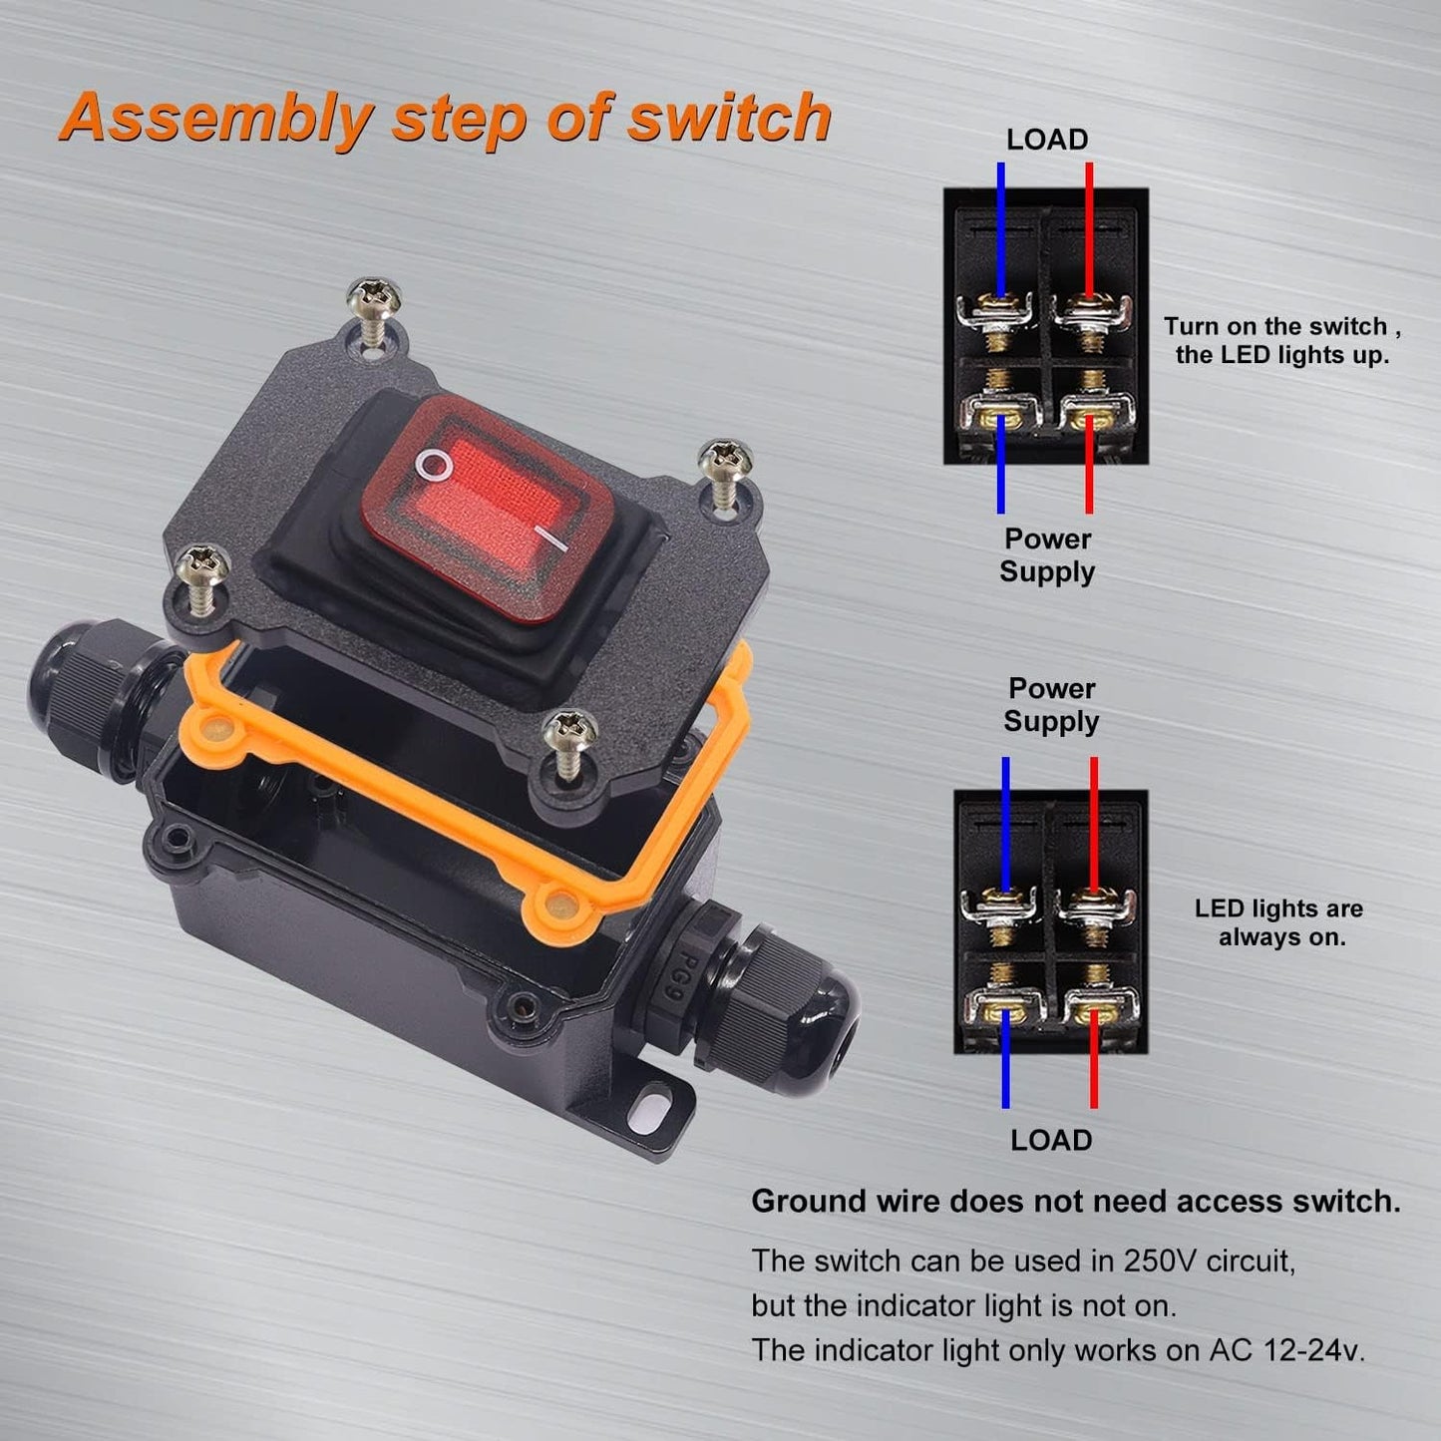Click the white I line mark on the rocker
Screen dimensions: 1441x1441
(551, 539)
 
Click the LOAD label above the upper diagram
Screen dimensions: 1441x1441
(1047, 140)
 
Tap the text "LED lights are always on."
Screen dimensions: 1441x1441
(1278, 922)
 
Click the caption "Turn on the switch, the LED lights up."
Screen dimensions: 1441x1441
(1281, 340)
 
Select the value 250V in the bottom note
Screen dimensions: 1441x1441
(1159, 1261)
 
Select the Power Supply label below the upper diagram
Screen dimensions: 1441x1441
(1047, 555)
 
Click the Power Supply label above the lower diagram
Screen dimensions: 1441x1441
(1051, 704)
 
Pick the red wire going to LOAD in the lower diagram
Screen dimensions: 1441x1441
(1093, 1059)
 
